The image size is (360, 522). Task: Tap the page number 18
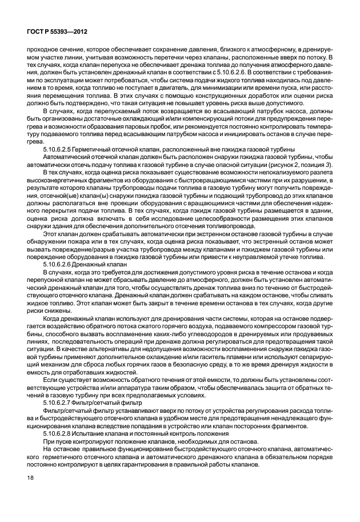point(25,491)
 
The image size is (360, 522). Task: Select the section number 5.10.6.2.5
point(61,148)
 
